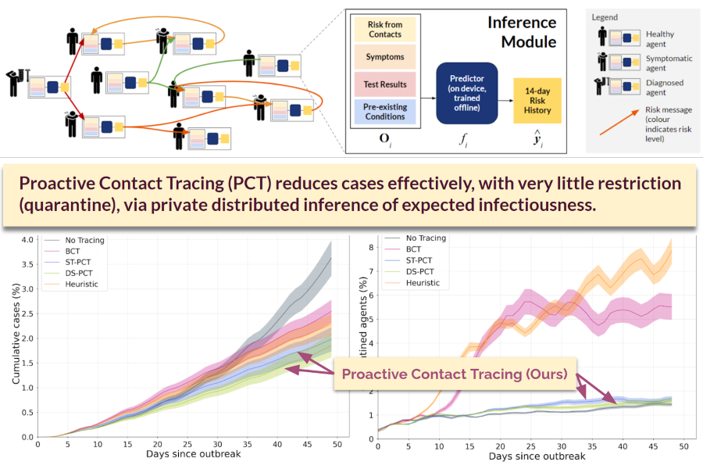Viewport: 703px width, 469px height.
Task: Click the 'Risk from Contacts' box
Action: (384, 30)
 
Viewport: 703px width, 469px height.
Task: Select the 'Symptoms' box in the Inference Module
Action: (384, 58)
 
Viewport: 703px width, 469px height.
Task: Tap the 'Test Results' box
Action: (384, 84)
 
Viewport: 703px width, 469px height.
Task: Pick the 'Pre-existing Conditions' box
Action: (384, 111)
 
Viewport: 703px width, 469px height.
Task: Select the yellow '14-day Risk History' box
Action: (537, 100)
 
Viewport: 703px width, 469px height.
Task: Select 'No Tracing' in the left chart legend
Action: (85, 241)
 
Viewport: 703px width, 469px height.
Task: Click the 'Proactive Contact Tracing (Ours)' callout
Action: (455, 374)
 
